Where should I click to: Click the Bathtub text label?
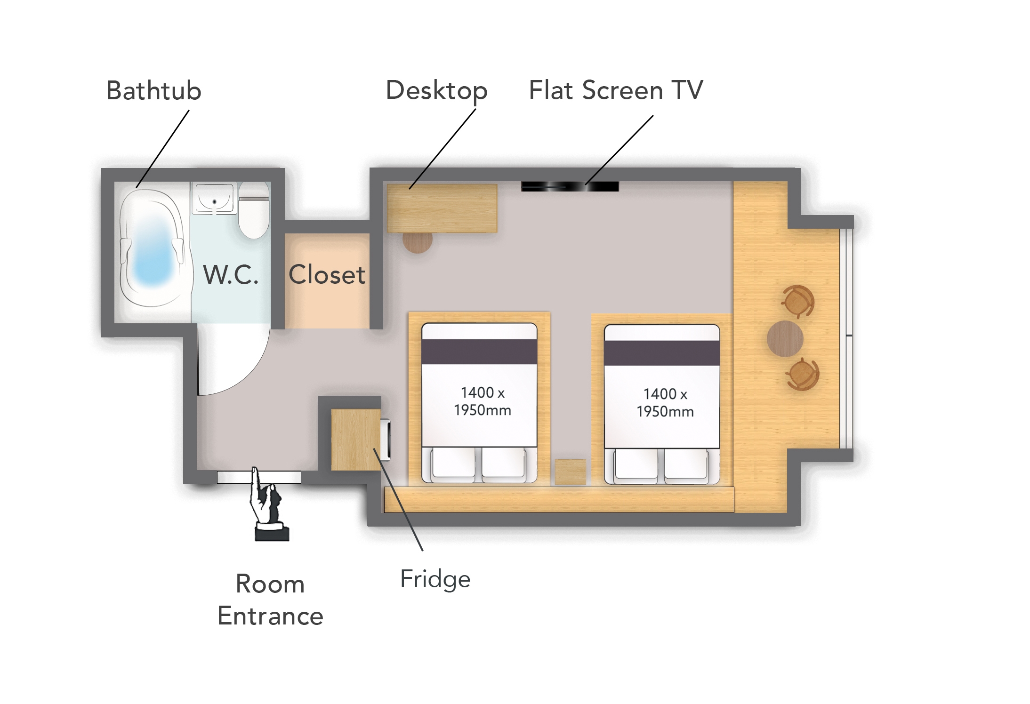pos(153,90)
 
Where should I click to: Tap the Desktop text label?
pos(436,90)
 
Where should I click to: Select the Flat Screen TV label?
pos(616,90)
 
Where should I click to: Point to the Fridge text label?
pos(435,579)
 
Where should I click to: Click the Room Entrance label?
pos(270,600)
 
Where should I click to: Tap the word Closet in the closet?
pos(327,275)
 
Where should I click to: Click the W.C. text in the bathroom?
pos(231,275)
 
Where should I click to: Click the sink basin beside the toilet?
pos(214,198)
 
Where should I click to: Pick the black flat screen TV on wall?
pos(570,186)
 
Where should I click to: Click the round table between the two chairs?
pos(785,338)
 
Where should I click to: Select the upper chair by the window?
pos(798,301)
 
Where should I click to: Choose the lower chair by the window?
pos(802,375)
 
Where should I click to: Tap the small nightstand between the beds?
pos(570,472)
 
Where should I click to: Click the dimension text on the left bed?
pos(482,401)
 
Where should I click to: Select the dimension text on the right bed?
pos(665,402)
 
